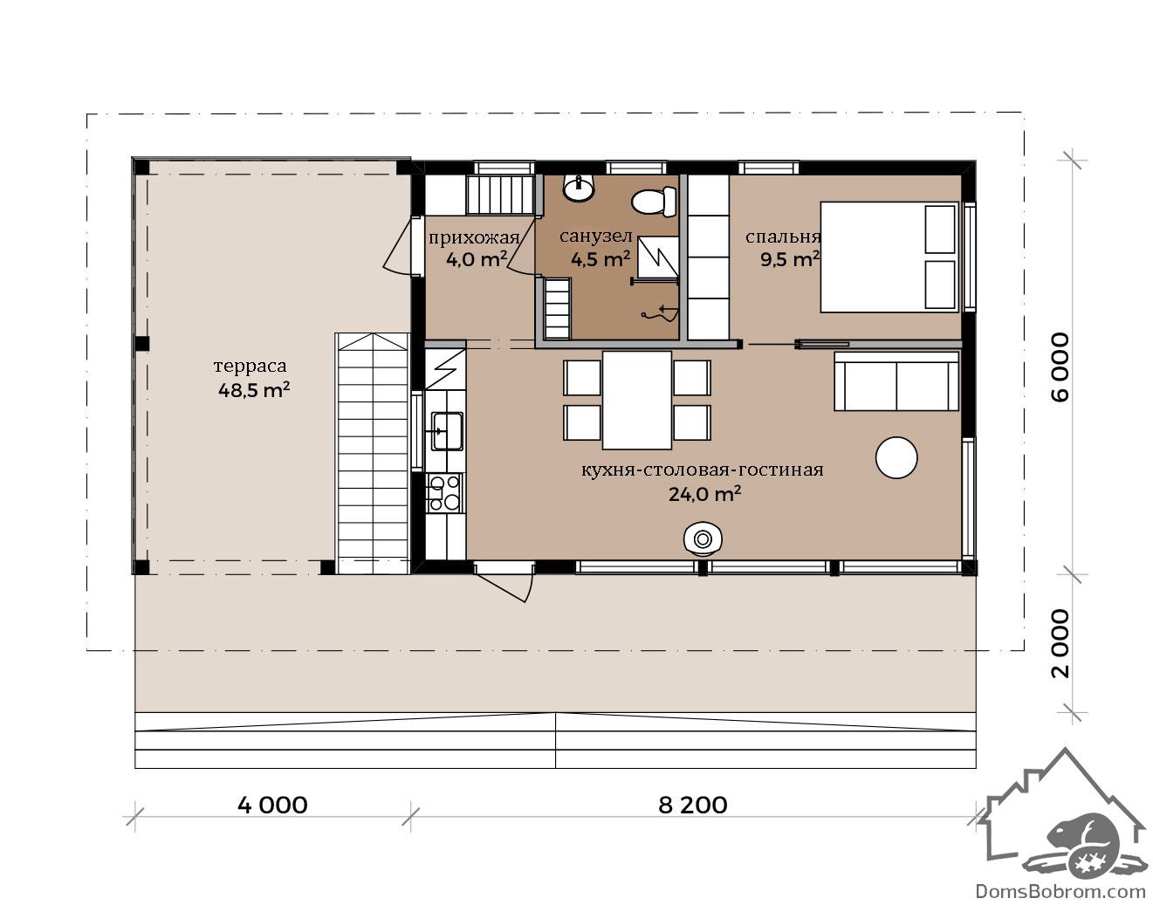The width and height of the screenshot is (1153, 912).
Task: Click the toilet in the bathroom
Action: [655, 202]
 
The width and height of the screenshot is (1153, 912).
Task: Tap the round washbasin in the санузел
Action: [579, 189]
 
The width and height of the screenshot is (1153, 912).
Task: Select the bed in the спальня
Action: [889, 257]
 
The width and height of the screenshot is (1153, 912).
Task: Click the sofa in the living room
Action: [896, 381]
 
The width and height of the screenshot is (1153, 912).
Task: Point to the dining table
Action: [637, 400]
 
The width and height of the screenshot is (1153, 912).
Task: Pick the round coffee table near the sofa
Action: [896, 457]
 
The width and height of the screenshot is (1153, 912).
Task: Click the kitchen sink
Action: [448, 431]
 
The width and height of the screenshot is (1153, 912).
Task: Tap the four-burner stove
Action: [444, 493]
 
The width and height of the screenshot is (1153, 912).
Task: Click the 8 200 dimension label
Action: [693, 805]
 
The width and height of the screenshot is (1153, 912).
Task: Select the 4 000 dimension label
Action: [272, 805]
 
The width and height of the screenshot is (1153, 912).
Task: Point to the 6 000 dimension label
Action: [1060, 367]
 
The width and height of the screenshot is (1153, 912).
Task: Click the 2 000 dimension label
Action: [1060, 643]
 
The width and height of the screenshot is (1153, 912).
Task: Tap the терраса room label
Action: [251, 366]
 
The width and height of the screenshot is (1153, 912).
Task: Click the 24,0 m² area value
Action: [704, 493]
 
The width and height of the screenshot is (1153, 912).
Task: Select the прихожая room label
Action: [474, 237]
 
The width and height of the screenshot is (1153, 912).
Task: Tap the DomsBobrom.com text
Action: [1060, 891]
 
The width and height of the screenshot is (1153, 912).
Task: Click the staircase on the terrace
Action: [373, 453]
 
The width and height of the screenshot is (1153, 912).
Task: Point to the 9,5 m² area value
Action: [790, 259]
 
